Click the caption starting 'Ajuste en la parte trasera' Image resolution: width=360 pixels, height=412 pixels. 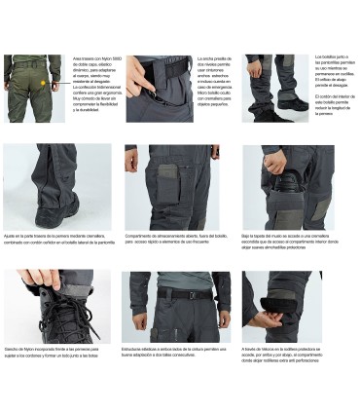tap(57, 238)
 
